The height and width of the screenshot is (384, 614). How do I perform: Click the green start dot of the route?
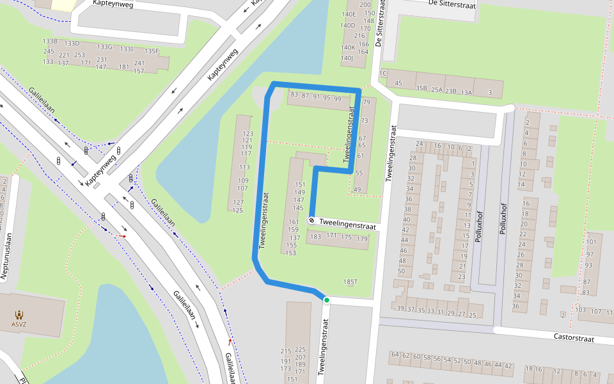(326, 300)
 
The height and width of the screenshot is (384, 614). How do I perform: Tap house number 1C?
(383, 74)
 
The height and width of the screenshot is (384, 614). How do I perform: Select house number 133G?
(104, 47)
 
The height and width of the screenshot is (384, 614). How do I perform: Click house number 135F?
(152, 51)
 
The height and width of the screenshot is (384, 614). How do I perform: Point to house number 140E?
(349, 14)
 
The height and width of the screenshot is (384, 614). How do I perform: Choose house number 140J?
(347, 58)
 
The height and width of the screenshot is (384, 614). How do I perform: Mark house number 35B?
(421, 88)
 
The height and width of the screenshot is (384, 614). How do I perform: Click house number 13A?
(466, 93)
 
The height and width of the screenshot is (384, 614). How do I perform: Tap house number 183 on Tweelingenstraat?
(315, 236)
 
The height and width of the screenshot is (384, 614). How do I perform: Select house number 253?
(79, 55)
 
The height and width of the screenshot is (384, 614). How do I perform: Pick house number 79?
(366, 102)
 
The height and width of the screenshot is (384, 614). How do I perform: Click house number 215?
(285, 351)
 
